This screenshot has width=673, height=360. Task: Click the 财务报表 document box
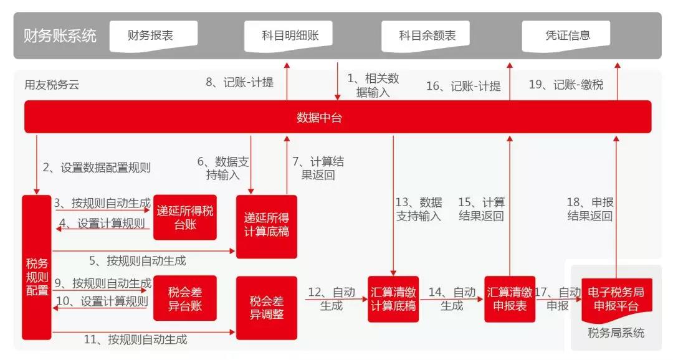tap(154, 36)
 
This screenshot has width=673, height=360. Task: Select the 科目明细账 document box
tap(289, 36)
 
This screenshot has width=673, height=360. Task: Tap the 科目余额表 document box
tap(426, 36)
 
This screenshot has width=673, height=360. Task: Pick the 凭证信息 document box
tap(566, 36)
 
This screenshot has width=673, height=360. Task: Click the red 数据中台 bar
tap(338, 117)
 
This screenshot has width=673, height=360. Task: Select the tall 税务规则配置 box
tap(37, 267)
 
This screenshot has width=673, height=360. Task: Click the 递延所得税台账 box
tap(185, 217)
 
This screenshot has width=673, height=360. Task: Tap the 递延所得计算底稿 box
tap(267, 227)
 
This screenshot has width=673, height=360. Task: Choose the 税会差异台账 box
tap(185, 298)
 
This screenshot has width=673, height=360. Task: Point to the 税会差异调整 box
tap(267, 308)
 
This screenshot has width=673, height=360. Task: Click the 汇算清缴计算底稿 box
tap(393, 298)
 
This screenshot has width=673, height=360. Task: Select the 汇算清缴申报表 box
tap(510, 298)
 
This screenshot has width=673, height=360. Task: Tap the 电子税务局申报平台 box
tap(617, 300)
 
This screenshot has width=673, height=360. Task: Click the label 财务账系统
tap(60, 36)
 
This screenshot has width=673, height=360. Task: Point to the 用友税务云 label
tap(52, 85)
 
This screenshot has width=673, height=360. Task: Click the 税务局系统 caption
tap(616, 333)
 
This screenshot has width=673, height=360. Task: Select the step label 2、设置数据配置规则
tap(97, 168)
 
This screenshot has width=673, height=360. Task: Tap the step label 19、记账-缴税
tap(566, 85)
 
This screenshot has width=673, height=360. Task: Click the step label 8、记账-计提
tap(239, 82)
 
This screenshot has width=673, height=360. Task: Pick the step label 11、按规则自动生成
tap(136, 339)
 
